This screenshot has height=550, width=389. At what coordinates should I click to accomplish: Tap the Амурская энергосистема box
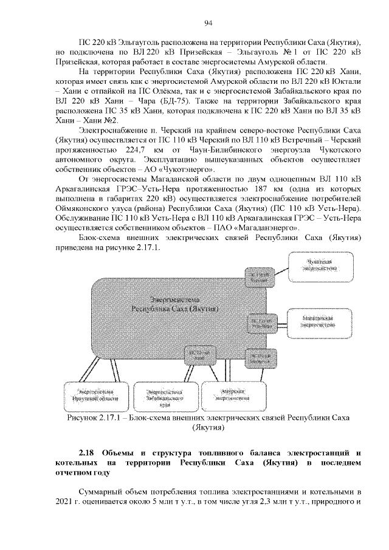pyautogui.click(x=233, y=396)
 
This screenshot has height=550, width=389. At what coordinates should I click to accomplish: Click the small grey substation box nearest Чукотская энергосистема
pyautogui.click(x=260, y=277)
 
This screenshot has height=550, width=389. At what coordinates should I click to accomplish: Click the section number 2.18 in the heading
pyautogui.click(x=89, y=453)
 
